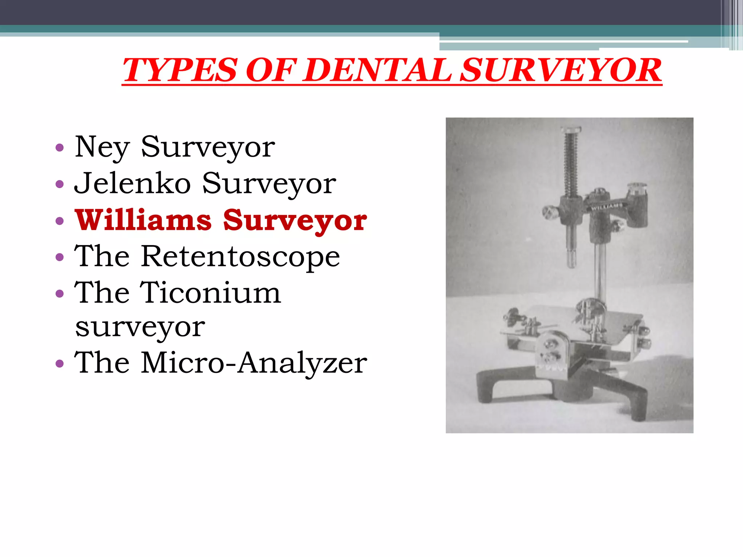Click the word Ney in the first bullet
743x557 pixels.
pos(102,147)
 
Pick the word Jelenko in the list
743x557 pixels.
pos(132,183)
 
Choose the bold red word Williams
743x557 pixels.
pos(143,220)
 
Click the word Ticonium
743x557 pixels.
pos(211,293)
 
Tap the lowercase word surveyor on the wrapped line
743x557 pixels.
pos(140,327)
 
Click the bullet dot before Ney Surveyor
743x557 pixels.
pos(59,148)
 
